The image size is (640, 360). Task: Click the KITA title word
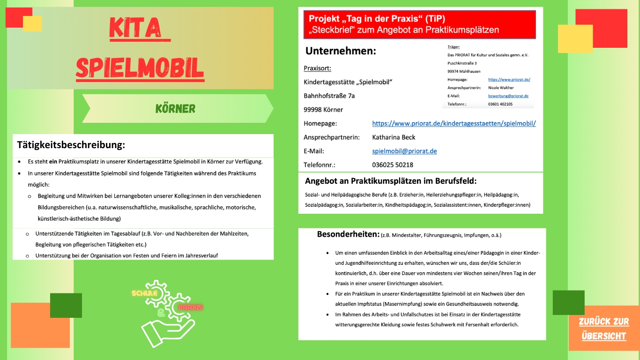click(139, 29)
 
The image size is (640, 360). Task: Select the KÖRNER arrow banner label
click(175, 109)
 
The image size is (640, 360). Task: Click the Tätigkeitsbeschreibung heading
click(71, 145)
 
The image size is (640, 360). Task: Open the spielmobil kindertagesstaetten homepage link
click(454, 124)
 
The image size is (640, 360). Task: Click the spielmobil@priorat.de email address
click(404, 151)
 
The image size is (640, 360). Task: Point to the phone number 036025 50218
click(393, 165)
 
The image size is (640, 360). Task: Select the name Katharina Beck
click(394, 137)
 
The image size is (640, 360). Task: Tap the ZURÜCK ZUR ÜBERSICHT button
click(604, 329)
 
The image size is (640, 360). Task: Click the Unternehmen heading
click(341, 51)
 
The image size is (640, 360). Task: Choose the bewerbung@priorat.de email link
click(508, 96)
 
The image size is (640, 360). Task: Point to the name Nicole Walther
click(501, 88)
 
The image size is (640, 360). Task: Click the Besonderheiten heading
click(348, 234)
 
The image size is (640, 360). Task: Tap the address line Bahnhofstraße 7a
click(329, 96)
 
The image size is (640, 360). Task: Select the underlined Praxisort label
click(317, 68)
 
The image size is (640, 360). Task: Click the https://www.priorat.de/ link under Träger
click(509, 80)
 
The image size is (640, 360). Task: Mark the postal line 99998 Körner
click(323, 110)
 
